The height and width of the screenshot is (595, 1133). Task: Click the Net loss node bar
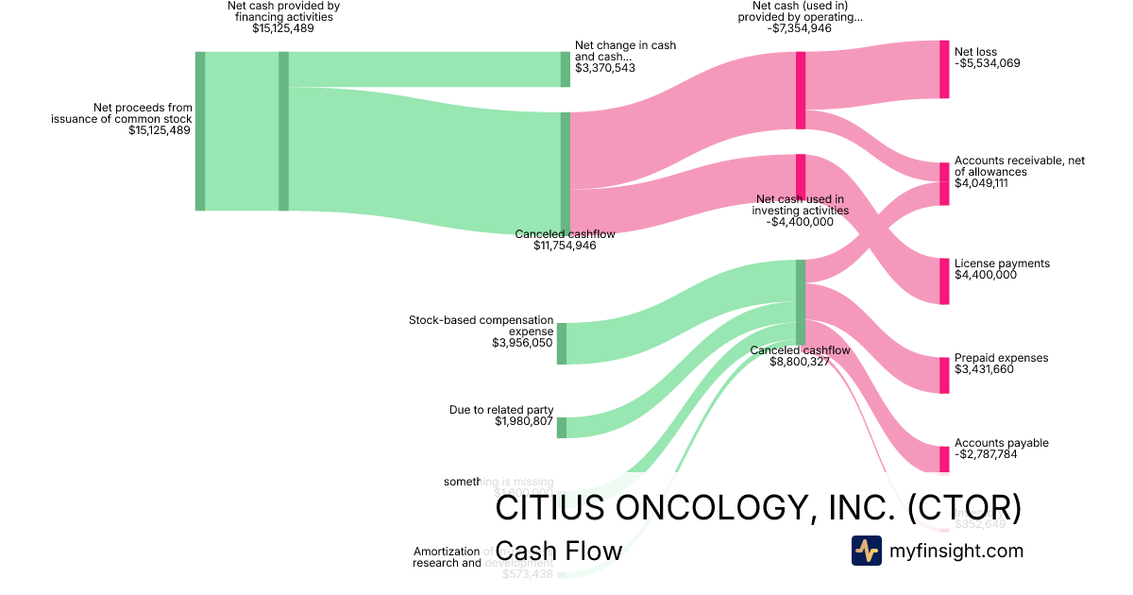tap(944, 69)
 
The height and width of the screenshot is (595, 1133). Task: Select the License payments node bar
tap(944, 280)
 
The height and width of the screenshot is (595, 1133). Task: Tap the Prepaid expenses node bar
tap(944, 375)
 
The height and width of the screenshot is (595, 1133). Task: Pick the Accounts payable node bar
tap(944, 459)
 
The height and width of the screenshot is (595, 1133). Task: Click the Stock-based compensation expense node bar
tap(562, 343)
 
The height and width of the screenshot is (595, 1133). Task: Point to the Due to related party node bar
tap(562, 427)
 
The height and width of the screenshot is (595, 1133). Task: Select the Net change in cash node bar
tap(566, 69)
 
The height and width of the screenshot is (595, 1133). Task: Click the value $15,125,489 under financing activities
tap(283, 28)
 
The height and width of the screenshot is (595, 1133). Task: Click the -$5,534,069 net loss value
tap(987, 63)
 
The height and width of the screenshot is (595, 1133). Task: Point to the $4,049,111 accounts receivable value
tap(981, 183)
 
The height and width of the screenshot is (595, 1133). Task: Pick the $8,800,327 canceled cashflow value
tap(800, 362)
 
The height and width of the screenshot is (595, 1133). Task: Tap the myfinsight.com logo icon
tap(866, 551)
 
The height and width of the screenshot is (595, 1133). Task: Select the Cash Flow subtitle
tap(558, 551)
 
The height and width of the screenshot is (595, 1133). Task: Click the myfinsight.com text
tap(956, 551)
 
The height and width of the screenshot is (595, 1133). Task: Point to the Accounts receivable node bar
tap(944, 183)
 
